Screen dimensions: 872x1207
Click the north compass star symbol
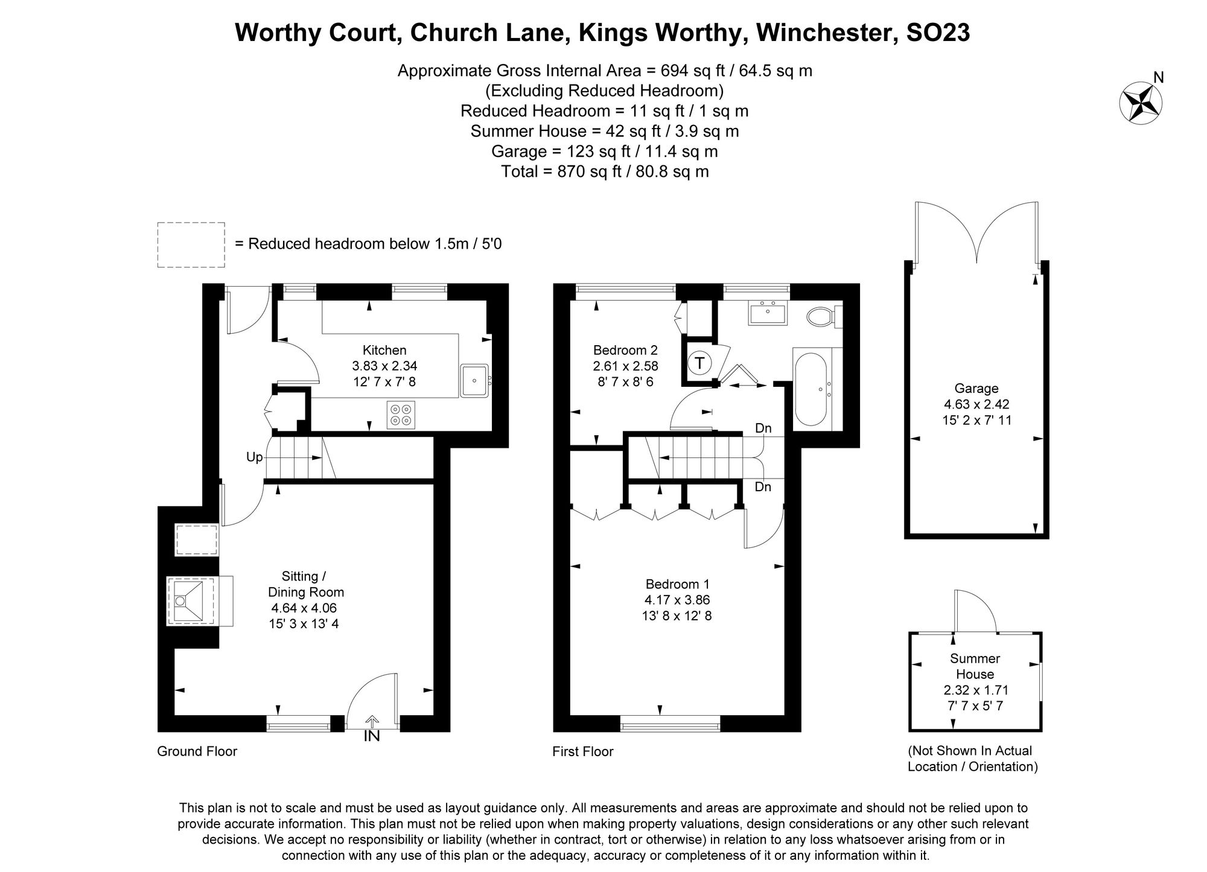pyautogui.click(x=1141, y=103)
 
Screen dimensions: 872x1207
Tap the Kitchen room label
pyautogui.click(x=384, y=350)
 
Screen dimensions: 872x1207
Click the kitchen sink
pyautogui.click(x=474, y=380)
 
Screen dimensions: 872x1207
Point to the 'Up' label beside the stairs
pyautogui.click(x=254, y=457)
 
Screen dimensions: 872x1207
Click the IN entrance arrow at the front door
pyautogui.click(x=372, y=722)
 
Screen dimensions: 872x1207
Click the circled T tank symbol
pyautogui.click(x=699, y=363)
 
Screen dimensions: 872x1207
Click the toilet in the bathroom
pyautogui.click(x=821, y=316)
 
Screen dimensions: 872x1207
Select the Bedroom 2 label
pyautogui.click(x=625, y=350)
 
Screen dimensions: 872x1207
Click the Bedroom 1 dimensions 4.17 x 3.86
pyautogui.click(x=678, y=600)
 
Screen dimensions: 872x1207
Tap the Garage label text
pyautogui.click(x=976, y=389)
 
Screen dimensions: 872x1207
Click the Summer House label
pyautogui.click(x=975, y=666)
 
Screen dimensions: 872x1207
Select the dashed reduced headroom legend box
pyautogui.click(x=191, y=244)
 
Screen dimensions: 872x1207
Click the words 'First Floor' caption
pyautogui.click(x=582, y=751)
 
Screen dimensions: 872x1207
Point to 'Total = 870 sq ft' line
pyautogui.click(x=605, y=171)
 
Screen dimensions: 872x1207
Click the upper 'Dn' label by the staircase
pyautogui.click(x=763, y=428)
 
